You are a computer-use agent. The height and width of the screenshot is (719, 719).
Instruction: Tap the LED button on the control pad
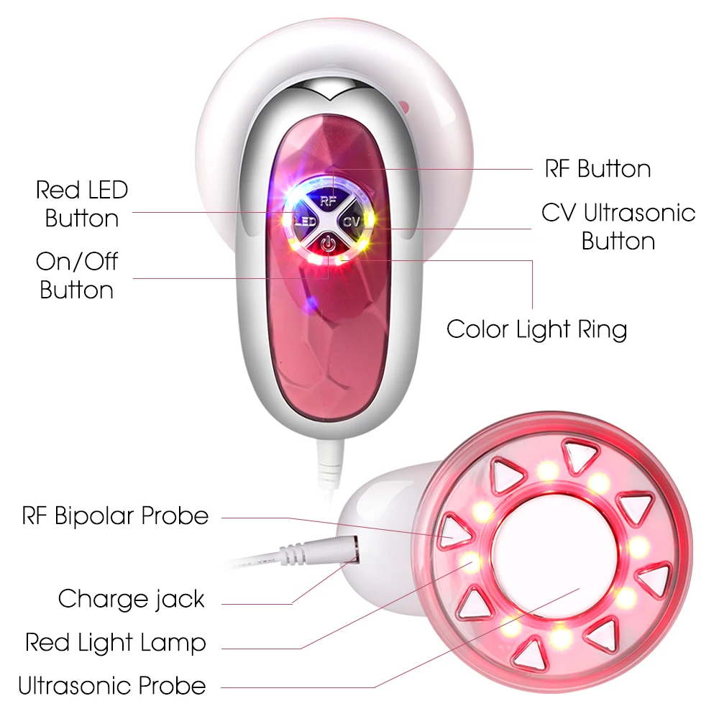[303, 221]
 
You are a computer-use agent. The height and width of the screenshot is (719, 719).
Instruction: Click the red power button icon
[328, 244]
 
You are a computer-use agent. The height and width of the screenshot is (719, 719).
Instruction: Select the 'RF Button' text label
[597, 169]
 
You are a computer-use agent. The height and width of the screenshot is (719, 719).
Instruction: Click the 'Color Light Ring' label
[536, 329]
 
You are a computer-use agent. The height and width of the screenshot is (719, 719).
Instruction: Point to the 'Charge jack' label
[131, 599]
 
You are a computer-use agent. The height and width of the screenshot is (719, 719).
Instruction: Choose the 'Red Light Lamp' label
[115, 642]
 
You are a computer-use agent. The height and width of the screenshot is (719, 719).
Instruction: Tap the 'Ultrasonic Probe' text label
[111, 685]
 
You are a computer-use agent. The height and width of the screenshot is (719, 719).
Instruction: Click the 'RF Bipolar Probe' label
[115, 516]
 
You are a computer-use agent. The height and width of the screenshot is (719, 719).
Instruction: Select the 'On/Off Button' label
[77, 275]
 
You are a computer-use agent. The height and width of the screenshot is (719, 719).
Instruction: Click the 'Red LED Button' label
[82, 204]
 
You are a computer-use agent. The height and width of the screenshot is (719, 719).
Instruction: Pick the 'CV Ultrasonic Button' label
[618, 226]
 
